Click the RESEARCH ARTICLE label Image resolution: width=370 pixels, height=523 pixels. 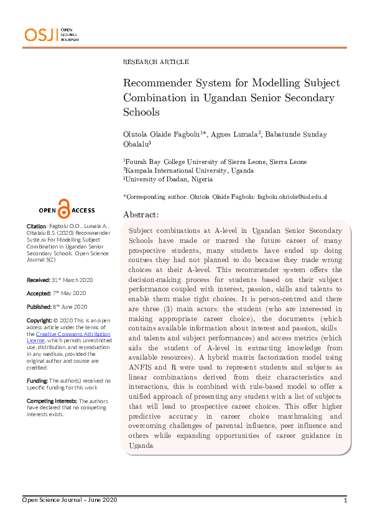coord(156,62)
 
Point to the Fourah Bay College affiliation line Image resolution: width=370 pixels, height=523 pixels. coord(215,161)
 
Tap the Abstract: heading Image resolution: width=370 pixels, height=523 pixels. coord(141,214)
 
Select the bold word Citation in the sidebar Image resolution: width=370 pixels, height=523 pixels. coord(36,226)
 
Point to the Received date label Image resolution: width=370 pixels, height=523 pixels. coord(39,281)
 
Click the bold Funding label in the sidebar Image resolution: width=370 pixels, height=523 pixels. coord(39,380)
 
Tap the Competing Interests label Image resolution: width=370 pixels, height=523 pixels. coord(52,401)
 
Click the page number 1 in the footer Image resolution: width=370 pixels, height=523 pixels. coord(345,500)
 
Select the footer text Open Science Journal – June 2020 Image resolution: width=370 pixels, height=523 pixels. coord(70,500)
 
